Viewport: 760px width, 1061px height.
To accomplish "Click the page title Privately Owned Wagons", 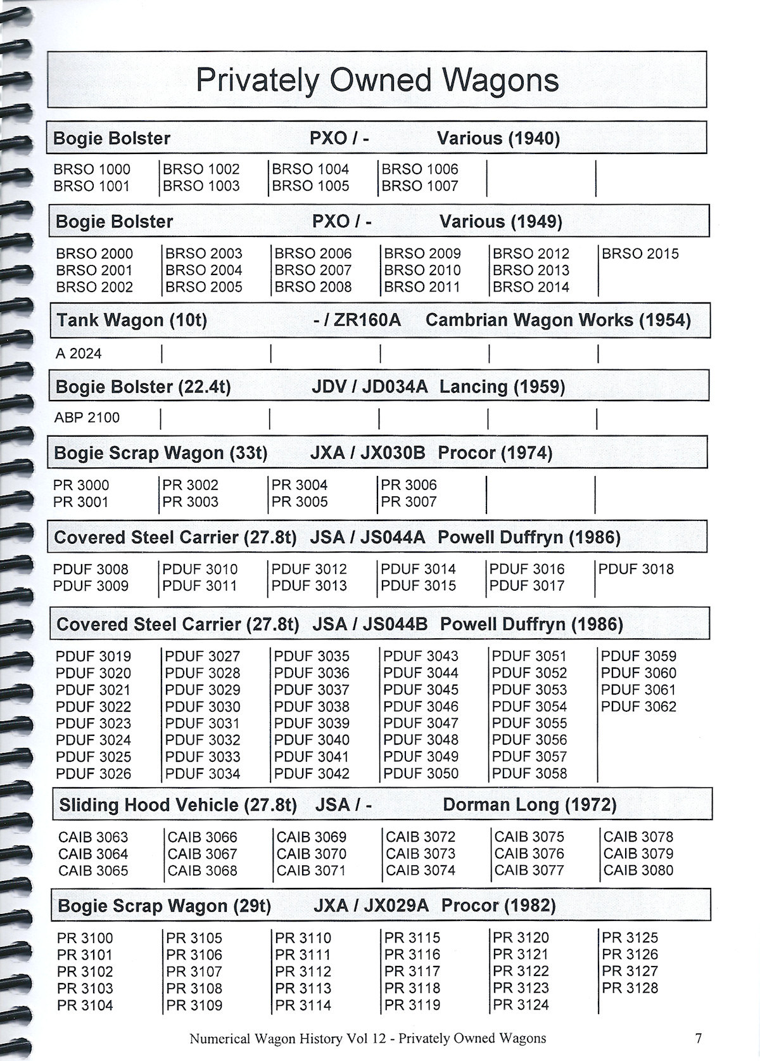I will (377, 80).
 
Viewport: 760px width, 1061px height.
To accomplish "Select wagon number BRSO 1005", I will (310, 186).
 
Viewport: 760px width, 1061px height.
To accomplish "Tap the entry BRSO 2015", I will (640, 254).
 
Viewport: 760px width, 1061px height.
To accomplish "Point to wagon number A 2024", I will (79, 354).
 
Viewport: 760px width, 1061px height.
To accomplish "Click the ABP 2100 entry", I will (87, 418).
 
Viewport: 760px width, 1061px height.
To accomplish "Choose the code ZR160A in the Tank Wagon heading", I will (367, 320).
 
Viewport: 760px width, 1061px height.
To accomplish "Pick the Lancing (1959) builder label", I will (502, 387).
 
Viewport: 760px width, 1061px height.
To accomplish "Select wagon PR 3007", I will (408, 502).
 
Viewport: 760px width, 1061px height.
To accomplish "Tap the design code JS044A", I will (393, 537).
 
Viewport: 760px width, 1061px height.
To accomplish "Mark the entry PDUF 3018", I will (636, 569).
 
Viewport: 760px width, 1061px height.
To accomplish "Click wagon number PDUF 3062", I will (638, 707).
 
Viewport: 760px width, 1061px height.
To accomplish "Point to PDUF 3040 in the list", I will (312, 740).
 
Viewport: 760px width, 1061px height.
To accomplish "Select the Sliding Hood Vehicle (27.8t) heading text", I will (178, 805).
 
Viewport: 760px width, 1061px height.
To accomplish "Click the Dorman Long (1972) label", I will (529, 805).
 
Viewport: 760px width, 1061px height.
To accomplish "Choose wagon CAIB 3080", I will (638, 871).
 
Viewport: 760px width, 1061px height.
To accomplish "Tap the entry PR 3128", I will (630, 988).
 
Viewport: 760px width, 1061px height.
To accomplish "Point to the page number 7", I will (698, 1038).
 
